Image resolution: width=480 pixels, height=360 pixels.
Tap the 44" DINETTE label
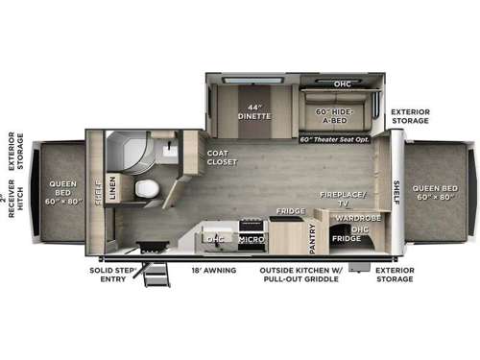[x=254, y=110]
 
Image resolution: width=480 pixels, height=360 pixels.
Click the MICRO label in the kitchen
[x=252, y=235]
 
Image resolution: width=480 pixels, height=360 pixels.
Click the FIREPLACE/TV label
[x=343, y=199]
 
